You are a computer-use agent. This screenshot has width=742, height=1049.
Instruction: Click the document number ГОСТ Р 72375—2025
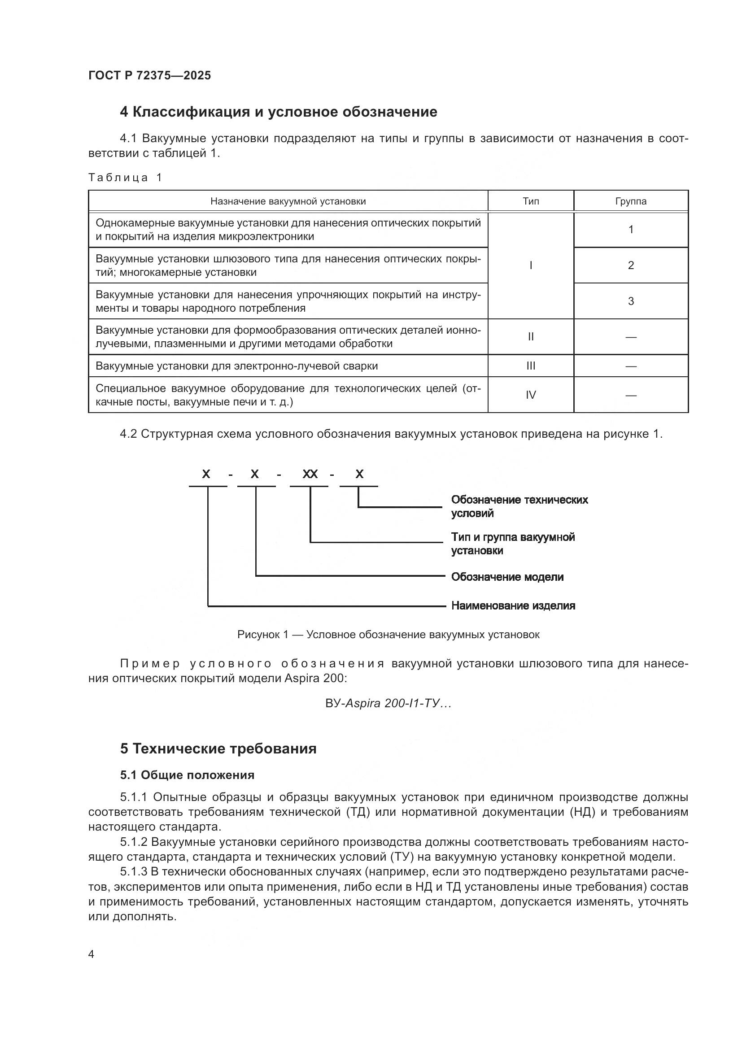149,75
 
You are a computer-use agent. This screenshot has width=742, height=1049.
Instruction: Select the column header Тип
530,201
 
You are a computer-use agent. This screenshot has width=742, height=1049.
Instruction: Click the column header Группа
630,201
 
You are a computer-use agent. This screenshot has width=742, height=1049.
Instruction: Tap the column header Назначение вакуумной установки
288,201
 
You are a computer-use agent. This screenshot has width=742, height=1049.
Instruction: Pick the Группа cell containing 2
630,265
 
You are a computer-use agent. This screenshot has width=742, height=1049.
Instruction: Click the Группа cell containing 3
630,301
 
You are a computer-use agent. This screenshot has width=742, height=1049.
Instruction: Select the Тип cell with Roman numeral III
530,366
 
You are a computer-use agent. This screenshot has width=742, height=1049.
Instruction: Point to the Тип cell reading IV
530,395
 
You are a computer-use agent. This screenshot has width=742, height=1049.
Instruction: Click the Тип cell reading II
530,337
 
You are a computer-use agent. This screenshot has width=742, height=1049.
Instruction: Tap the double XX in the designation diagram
310,474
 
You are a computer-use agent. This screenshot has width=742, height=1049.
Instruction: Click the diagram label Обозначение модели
507,577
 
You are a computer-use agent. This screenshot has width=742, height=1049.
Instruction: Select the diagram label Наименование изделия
513,605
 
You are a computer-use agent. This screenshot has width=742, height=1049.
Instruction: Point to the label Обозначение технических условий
519,506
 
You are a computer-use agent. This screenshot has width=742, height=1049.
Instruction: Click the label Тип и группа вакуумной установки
513,543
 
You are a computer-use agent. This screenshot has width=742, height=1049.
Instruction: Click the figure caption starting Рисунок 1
388,634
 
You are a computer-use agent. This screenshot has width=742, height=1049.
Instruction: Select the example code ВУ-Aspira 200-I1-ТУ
388,703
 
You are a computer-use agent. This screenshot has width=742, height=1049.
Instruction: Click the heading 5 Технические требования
218,749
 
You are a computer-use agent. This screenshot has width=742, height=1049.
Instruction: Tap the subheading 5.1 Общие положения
188,775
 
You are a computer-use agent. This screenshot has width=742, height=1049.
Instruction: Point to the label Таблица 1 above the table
125,177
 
